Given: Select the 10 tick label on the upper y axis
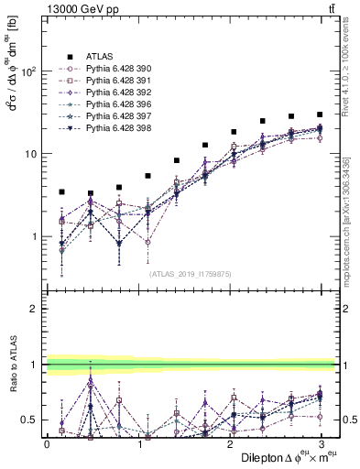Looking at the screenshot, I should pos(31,154).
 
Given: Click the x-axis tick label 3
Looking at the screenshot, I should pos(322,443).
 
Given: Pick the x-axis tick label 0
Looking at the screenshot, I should pos(47,443).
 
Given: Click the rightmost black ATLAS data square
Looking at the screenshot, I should pos(320,115).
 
